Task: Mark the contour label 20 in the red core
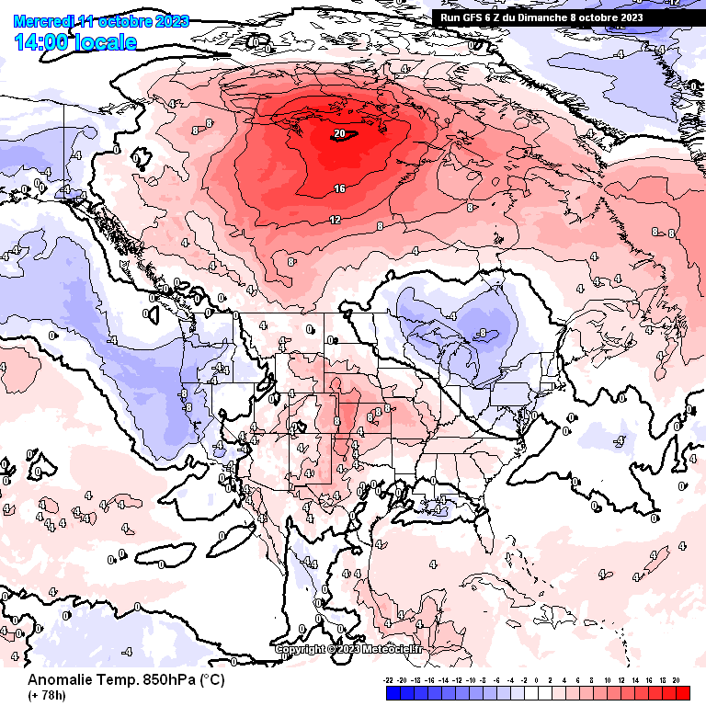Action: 339,133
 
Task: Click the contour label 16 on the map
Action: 339,188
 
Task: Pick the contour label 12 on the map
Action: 335,219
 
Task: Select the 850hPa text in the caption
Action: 171,680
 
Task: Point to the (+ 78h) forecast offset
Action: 47,695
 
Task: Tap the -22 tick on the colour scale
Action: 389,681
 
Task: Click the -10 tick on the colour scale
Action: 471,681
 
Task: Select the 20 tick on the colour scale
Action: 676,681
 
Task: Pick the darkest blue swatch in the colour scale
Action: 394,692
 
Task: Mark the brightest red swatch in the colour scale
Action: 681,692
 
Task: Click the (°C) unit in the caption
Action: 212,680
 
